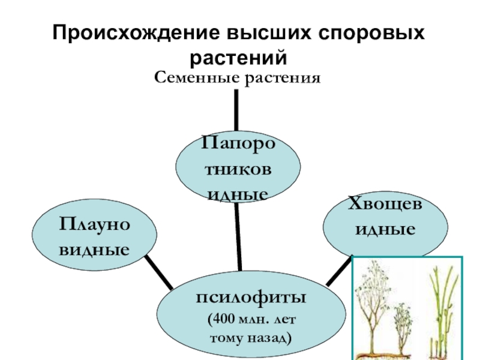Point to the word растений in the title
pos(240,58)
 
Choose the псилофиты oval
pos(251,317)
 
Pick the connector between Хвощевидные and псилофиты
pos(339,271)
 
